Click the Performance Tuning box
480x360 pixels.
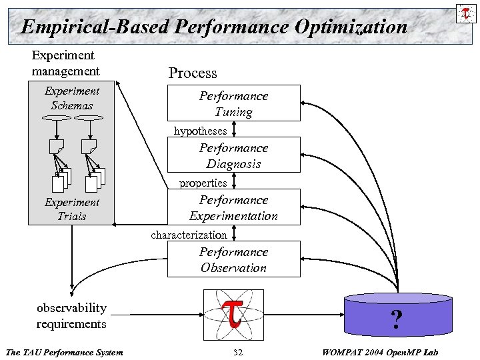tap(233, 103)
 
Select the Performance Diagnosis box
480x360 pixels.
tap(233, 155)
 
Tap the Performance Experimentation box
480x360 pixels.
tap(233, 207)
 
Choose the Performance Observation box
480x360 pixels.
tap(233, 259)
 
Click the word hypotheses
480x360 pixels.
tap(200, 131)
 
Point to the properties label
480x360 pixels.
tap(203, 183)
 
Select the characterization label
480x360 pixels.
tap(189, 235)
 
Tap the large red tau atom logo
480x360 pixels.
tap(233, 314)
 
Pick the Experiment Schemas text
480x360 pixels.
tap(71, 98)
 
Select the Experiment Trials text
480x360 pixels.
tap(71, 209)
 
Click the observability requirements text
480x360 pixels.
tap(71, 315)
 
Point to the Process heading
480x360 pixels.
tap(193, 73)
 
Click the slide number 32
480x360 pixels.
tap(238, 352)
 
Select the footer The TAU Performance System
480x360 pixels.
tap(64, 352)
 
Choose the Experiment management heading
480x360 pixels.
tap(65, 63)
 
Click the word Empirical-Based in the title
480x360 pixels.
tap(95, 27)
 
